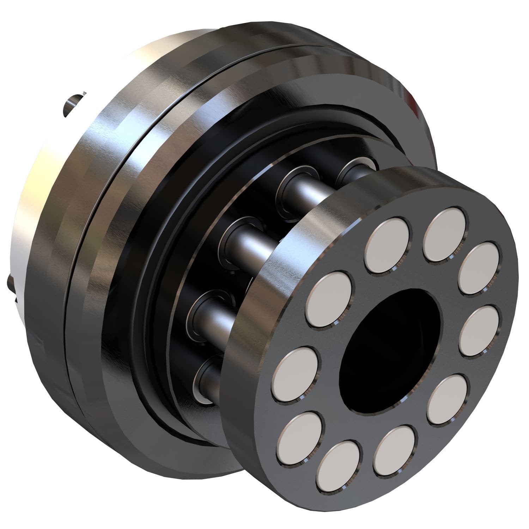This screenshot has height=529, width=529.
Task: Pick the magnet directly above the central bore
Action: pyautogui.click(x=389, y=245)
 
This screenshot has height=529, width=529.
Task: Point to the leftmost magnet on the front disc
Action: pyautogui.click(x=296, y=374)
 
